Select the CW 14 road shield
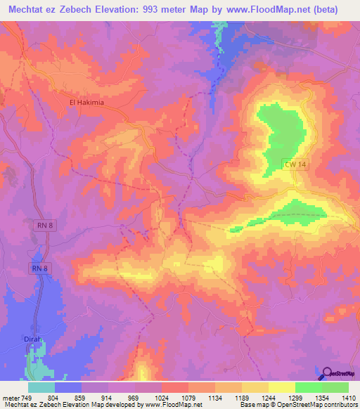click(x=294, y=164)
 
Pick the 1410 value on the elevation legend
click(x=349, y=398)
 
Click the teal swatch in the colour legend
click(x=41, y=387)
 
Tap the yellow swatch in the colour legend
click(x=281, y=387)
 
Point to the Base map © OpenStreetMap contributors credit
click(x=298, y=405)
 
